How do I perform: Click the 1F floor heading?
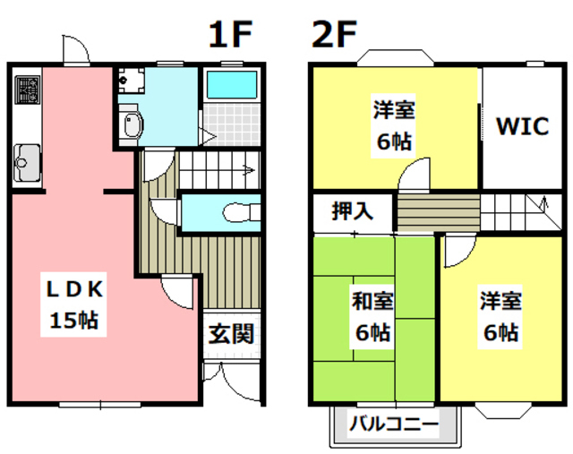[232, 35]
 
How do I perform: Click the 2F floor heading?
[334, 35]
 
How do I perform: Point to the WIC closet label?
[523, 126]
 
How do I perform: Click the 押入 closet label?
[352, 212]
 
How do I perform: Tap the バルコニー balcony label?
[394, 423]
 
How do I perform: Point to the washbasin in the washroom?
[132, 124]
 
